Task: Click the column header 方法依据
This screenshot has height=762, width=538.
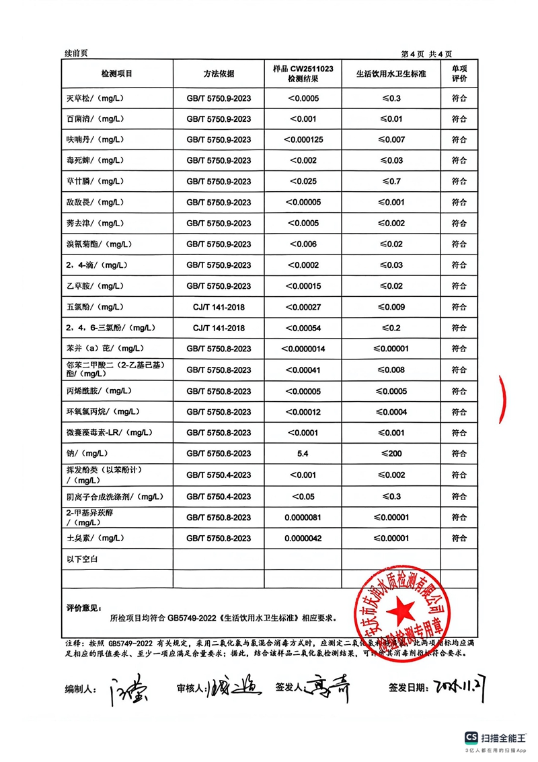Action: point(219,73)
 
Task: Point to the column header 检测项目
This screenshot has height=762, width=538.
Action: point(117,73)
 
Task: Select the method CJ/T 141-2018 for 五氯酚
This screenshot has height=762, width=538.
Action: point(219,307)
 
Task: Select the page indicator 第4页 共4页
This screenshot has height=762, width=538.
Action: point(426,54)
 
